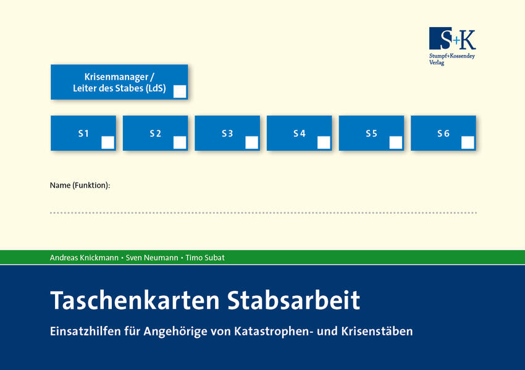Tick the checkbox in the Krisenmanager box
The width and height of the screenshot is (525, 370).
(x=180, y=92)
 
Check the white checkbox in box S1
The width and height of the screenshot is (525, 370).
(x=107, y=143)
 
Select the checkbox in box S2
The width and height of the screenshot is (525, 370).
(x=180, y=143)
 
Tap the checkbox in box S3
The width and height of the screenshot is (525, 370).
(x=251, y=143)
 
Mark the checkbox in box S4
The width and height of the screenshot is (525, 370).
(x=324, y=143)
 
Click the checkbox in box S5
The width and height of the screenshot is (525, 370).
(x=396, y=143)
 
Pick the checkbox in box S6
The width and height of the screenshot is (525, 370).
(x=468, y=143)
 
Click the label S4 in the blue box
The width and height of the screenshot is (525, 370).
(x=299, y=133)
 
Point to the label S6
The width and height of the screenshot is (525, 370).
(x=443, y=133)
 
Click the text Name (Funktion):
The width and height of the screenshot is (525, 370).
(x=80, y=185)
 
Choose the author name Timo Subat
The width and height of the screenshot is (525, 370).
(x=206, y=258)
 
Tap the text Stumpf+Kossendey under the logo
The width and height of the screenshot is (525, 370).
(x=452, y=56)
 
